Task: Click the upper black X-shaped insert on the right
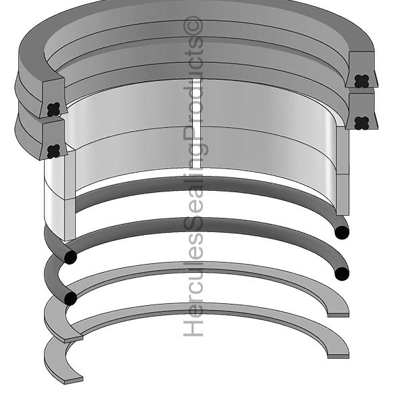click(361, 81)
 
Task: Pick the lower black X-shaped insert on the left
click(54, 150)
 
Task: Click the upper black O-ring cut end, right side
click(342, 233)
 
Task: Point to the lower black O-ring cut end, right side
click(342, 273)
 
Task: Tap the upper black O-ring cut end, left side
click(70, 257)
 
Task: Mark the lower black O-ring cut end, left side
click(70, 298)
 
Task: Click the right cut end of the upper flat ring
click(338, 314)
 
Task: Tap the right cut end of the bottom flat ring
click(338, 355)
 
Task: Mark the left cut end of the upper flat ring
click(74, 336)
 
